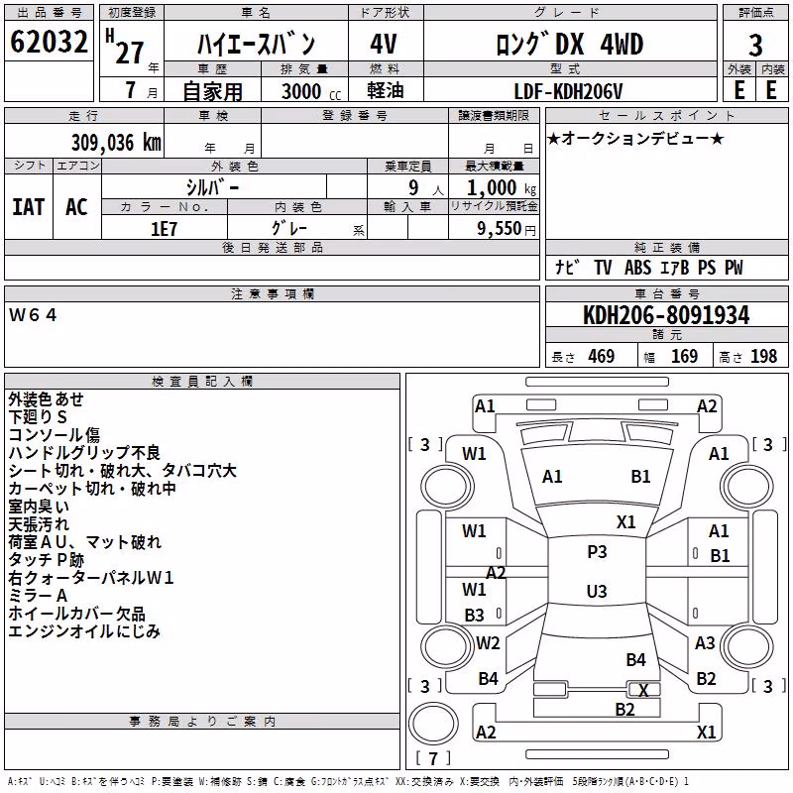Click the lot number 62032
(49, 42)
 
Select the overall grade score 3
(755, 46)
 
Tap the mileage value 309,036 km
(116, 143)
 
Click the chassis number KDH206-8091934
(666, 315)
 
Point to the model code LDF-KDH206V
(568, 91)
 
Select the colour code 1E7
(164, 229)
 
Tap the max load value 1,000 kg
(502, 188)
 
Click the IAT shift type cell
(29, 207)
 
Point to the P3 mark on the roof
(597, 552)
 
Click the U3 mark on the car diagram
(597, 591)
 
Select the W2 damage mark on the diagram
(488, 642)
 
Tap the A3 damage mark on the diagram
(705, 642)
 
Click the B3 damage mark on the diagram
(475, 615)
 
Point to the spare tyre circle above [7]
(433, 724)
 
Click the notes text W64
(33, 315)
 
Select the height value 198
(763, 356)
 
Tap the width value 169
(684, 356)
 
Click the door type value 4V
(384, 44)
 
